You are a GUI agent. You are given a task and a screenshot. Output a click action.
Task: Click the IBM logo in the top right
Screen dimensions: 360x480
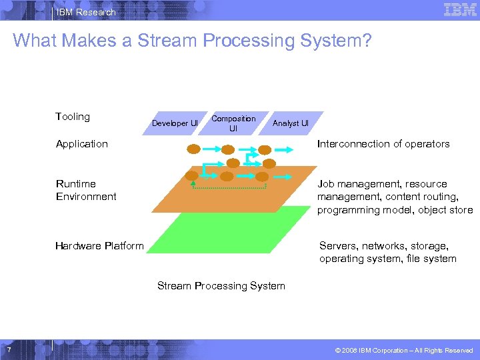[x=459, y=10]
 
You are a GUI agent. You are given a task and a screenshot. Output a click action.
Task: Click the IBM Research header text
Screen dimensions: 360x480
[x=85, y=12]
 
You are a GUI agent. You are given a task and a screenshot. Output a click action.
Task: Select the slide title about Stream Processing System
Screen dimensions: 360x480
[x=192, y=41]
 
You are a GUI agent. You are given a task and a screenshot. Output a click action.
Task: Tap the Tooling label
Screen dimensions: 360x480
[x=73, y=117]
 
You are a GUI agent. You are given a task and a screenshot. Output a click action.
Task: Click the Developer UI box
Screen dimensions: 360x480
[x=175, y=123]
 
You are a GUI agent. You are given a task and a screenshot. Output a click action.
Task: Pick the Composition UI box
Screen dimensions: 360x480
[x=233, y=123]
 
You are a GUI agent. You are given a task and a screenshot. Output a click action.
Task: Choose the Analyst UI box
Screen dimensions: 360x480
[x=291, y=123]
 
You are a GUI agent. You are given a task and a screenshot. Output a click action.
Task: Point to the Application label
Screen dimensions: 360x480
[x=82, y=144]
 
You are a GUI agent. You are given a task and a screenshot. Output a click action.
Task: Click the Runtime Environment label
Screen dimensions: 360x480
[x=86, y=190]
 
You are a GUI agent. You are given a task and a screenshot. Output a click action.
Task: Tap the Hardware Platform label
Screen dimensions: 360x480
[x=99, y=246]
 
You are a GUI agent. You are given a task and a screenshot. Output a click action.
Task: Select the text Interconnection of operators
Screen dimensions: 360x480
[x=383, y=144]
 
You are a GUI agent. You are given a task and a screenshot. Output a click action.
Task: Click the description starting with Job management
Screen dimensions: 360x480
[x=395, y=197]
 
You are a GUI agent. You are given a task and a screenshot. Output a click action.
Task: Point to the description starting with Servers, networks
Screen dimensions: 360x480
[x=388, y=252]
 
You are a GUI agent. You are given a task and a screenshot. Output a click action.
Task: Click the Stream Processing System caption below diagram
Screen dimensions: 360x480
[x=221, y=286]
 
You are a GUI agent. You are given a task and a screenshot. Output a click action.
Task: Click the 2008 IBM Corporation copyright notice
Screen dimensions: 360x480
[x=403, y=350]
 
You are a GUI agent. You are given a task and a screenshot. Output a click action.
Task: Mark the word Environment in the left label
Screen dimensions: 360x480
[x=86, y=197]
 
